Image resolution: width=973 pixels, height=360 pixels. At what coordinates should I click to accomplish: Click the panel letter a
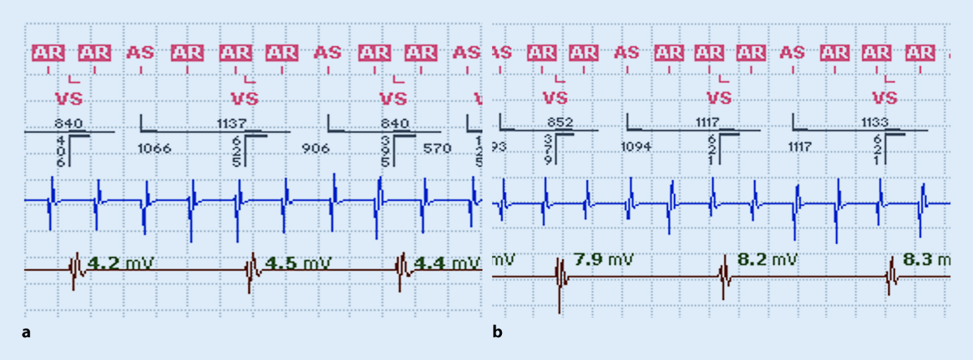click(x=28, y=332)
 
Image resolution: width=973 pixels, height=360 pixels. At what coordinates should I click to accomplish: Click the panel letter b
click(x=498, y=332)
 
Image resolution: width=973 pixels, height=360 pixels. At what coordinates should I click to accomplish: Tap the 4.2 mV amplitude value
click(x=117, y=263)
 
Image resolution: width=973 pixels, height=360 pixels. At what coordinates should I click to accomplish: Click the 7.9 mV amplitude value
click(x=603, y=259)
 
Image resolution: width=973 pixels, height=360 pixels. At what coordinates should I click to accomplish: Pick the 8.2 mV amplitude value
click(x=766, y=259)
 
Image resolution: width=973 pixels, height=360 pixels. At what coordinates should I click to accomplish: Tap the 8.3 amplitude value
click(x=924, y=259)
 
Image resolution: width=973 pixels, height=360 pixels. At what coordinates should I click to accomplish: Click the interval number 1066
click(x=154, y=148)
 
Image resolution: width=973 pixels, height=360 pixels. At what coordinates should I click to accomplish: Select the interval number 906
click(x=315, y=148)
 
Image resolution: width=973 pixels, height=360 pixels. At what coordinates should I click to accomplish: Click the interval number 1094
click(x=637, y=147)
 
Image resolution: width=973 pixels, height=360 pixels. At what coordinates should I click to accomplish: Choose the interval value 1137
click(x=232, y=123)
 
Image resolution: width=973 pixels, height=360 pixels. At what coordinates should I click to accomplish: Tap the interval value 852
click(x=560, y=122)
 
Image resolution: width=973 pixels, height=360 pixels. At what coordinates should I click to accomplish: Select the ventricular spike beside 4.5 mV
click(x=251, y=268)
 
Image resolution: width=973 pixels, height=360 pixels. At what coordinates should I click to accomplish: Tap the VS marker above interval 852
click(x=555, y=98)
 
